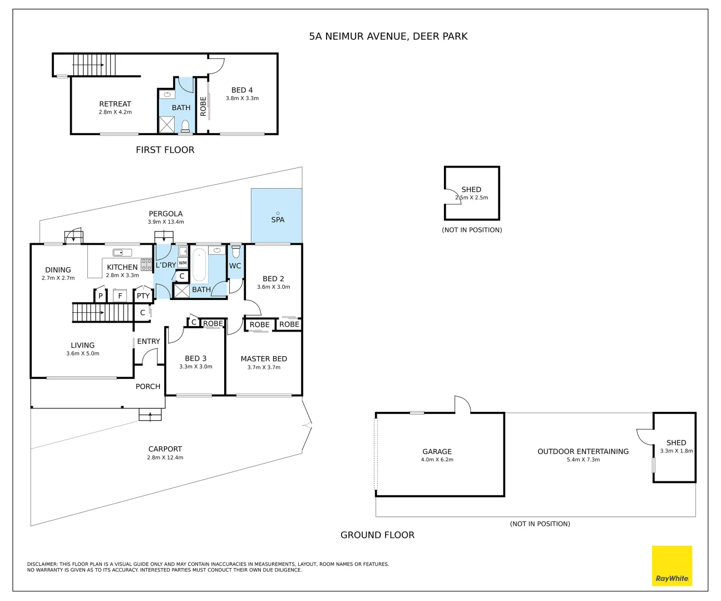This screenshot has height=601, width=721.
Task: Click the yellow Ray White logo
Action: tap(672, 565)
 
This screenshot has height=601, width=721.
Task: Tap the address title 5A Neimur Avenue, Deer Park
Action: tap(388, 36)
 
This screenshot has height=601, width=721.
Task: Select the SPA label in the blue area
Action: tap(278, 220)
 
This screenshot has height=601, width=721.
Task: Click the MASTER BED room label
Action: tap(264, 359)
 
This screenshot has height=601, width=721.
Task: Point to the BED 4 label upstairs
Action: tap(242, 90)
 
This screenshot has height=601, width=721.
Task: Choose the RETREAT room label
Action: tap(115, 104)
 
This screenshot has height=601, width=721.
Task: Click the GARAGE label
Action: tap(437, 451)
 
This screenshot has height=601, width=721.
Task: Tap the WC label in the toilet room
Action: tap(235, 266)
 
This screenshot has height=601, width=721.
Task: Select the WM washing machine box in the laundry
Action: tap(182, 263)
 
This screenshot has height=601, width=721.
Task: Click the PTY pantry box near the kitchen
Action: tap(143, 296)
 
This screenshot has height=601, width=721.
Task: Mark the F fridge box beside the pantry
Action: tap(120, 296)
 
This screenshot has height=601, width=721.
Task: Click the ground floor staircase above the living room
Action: tap(103, 313)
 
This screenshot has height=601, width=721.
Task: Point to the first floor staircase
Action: tap(94, 65)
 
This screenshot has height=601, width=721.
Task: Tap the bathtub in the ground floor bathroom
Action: tap(200, 265)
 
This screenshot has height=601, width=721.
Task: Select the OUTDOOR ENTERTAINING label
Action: tap(583, 451)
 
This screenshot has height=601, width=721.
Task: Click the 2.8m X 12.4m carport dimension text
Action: tap(165, 457)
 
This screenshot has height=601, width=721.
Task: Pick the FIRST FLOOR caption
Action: tap(165, 150)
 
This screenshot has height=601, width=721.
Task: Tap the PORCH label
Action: tap(148, 386)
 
